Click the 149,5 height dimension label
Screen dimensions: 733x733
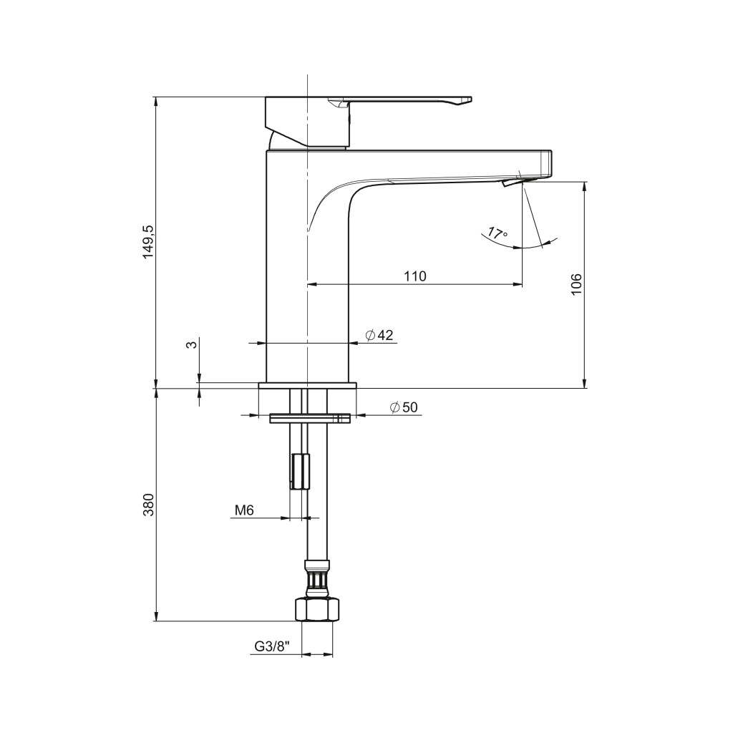coord(147,242)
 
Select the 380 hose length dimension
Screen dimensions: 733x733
coord(147,505)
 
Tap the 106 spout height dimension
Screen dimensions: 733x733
coord(576,283)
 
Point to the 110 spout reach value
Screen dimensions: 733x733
coord(415,276)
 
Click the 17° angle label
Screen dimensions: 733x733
coord(498,233)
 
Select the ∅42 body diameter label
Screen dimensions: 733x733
coord(379,335)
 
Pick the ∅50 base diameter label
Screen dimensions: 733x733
coord(404,407)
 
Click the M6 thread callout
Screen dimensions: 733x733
coord(244,510)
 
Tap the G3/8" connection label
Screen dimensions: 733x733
coord(272,646)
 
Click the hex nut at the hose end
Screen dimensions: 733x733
coord(317,609)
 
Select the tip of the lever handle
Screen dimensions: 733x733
coord(471,99)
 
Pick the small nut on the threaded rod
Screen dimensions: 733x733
coord(300,471)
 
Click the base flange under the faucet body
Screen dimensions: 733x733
coord(307,385)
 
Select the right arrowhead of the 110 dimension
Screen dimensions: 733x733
coord(518,283)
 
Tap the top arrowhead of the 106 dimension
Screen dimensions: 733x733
coord(584,186)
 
